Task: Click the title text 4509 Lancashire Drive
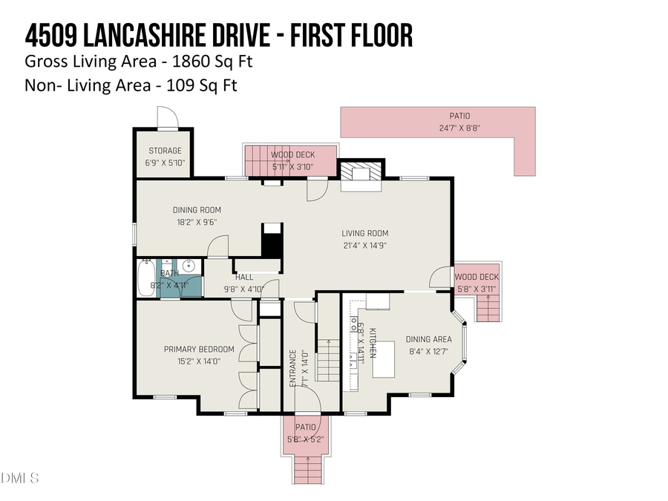(219, 35)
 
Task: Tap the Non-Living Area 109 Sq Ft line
(131, 85)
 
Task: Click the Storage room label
(164, 151)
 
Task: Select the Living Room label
(365, 233)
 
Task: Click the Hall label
(244, 277)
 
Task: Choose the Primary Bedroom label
(199, 350)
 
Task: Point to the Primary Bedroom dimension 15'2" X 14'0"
(199, 361)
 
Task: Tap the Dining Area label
(428, 339)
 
